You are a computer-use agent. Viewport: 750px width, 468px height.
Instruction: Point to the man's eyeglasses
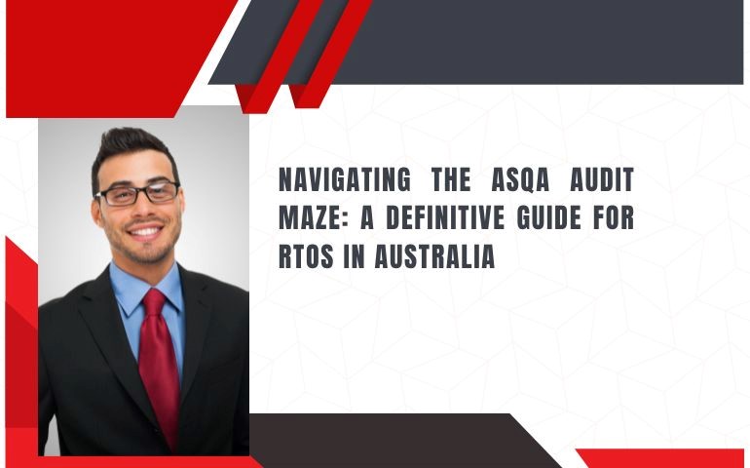point(137,193)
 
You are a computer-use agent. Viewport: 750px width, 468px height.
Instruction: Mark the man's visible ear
point(94,209)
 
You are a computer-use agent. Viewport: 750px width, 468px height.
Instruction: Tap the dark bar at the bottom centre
point(390,439)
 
